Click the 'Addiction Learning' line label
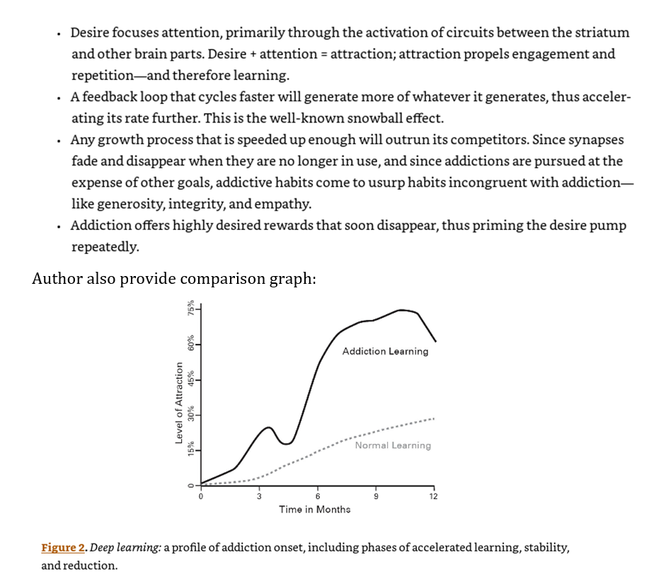385,351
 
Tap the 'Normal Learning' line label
393,445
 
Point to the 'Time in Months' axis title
314,509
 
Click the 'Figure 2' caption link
63,548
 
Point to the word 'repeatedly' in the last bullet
104,247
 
